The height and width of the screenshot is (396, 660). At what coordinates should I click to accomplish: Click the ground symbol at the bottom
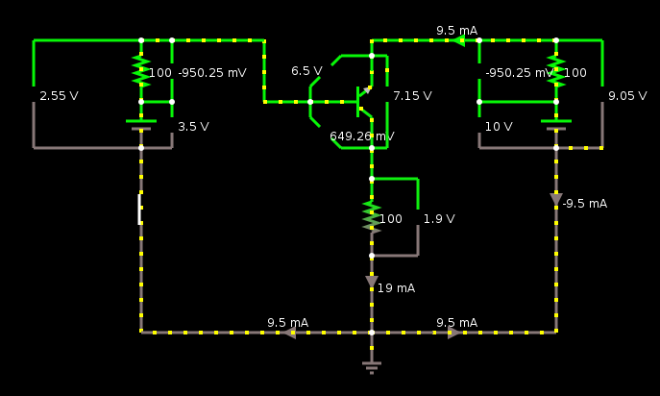[372, 367]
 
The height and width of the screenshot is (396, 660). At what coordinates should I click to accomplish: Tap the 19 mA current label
[396, 288]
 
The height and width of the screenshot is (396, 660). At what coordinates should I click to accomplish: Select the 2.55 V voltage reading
[59, 96]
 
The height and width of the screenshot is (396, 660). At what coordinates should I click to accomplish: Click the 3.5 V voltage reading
[194, 127]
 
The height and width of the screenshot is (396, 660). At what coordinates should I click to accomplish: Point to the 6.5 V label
[306, 71]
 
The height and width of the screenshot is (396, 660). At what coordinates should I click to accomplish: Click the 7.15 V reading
[412, 96]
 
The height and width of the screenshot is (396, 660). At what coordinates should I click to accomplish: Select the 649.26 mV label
[362, 136]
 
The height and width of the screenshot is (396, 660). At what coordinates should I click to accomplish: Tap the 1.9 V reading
[439, 219]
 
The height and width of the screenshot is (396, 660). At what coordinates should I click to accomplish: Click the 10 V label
[499, 127]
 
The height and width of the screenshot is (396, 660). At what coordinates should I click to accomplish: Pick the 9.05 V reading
[627, 96]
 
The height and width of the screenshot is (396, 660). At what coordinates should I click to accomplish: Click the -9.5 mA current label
[585, 204]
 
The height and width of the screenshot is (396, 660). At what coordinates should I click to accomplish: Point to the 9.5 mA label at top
[456, 31]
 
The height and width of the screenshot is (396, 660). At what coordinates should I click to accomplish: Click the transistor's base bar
[357, 102]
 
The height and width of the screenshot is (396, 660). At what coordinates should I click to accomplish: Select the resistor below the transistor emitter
[372, 217]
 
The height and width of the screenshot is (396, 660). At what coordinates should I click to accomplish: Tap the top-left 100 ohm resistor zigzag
[141, 71]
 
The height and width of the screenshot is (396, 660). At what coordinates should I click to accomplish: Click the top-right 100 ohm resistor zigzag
[556, 71]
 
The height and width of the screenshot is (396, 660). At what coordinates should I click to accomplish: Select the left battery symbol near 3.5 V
[141, 125]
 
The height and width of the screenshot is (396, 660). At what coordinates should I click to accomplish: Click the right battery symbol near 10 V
[556, 125]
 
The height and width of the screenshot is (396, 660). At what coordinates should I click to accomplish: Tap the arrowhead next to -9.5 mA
[556, 199]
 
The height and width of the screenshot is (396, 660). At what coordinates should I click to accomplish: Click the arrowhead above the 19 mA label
[372, 282]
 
